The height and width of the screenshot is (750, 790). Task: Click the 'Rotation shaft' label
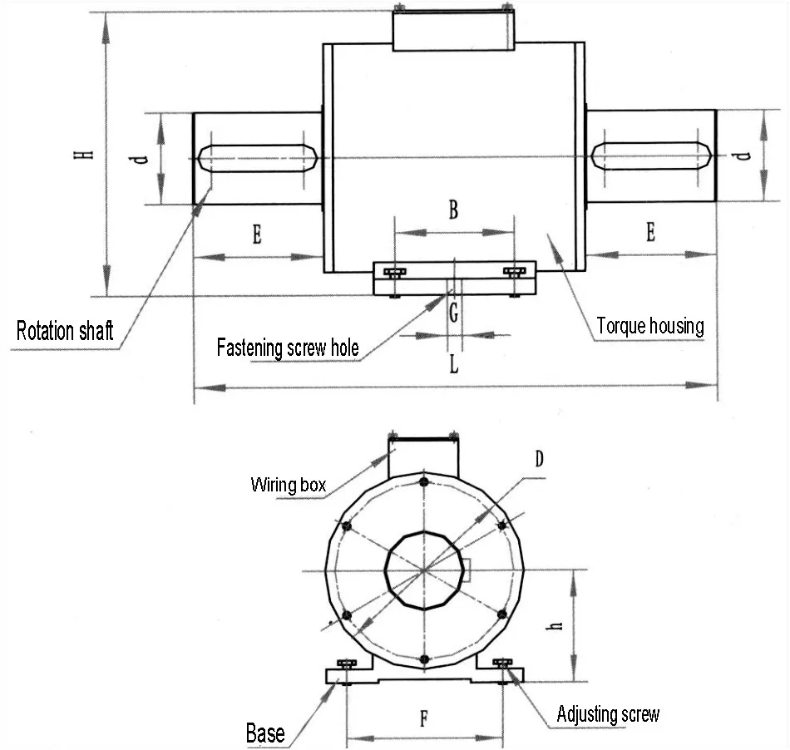coord(65,331)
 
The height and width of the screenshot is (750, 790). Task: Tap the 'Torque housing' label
coord(650,325)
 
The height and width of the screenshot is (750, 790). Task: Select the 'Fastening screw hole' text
coord(288,347)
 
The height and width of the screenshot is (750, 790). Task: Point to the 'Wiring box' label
coord(289,484)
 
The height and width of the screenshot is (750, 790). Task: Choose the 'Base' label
coord(265,733)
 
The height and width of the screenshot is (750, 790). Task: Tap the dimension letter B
coord(453,210)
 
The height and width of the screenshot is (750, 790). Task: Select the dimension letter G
coord(453,313)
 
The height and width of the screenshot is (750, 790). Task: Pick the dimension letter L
coord(453,364)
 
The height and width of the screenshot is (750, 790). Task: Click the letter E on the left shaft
coord(257,235)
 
